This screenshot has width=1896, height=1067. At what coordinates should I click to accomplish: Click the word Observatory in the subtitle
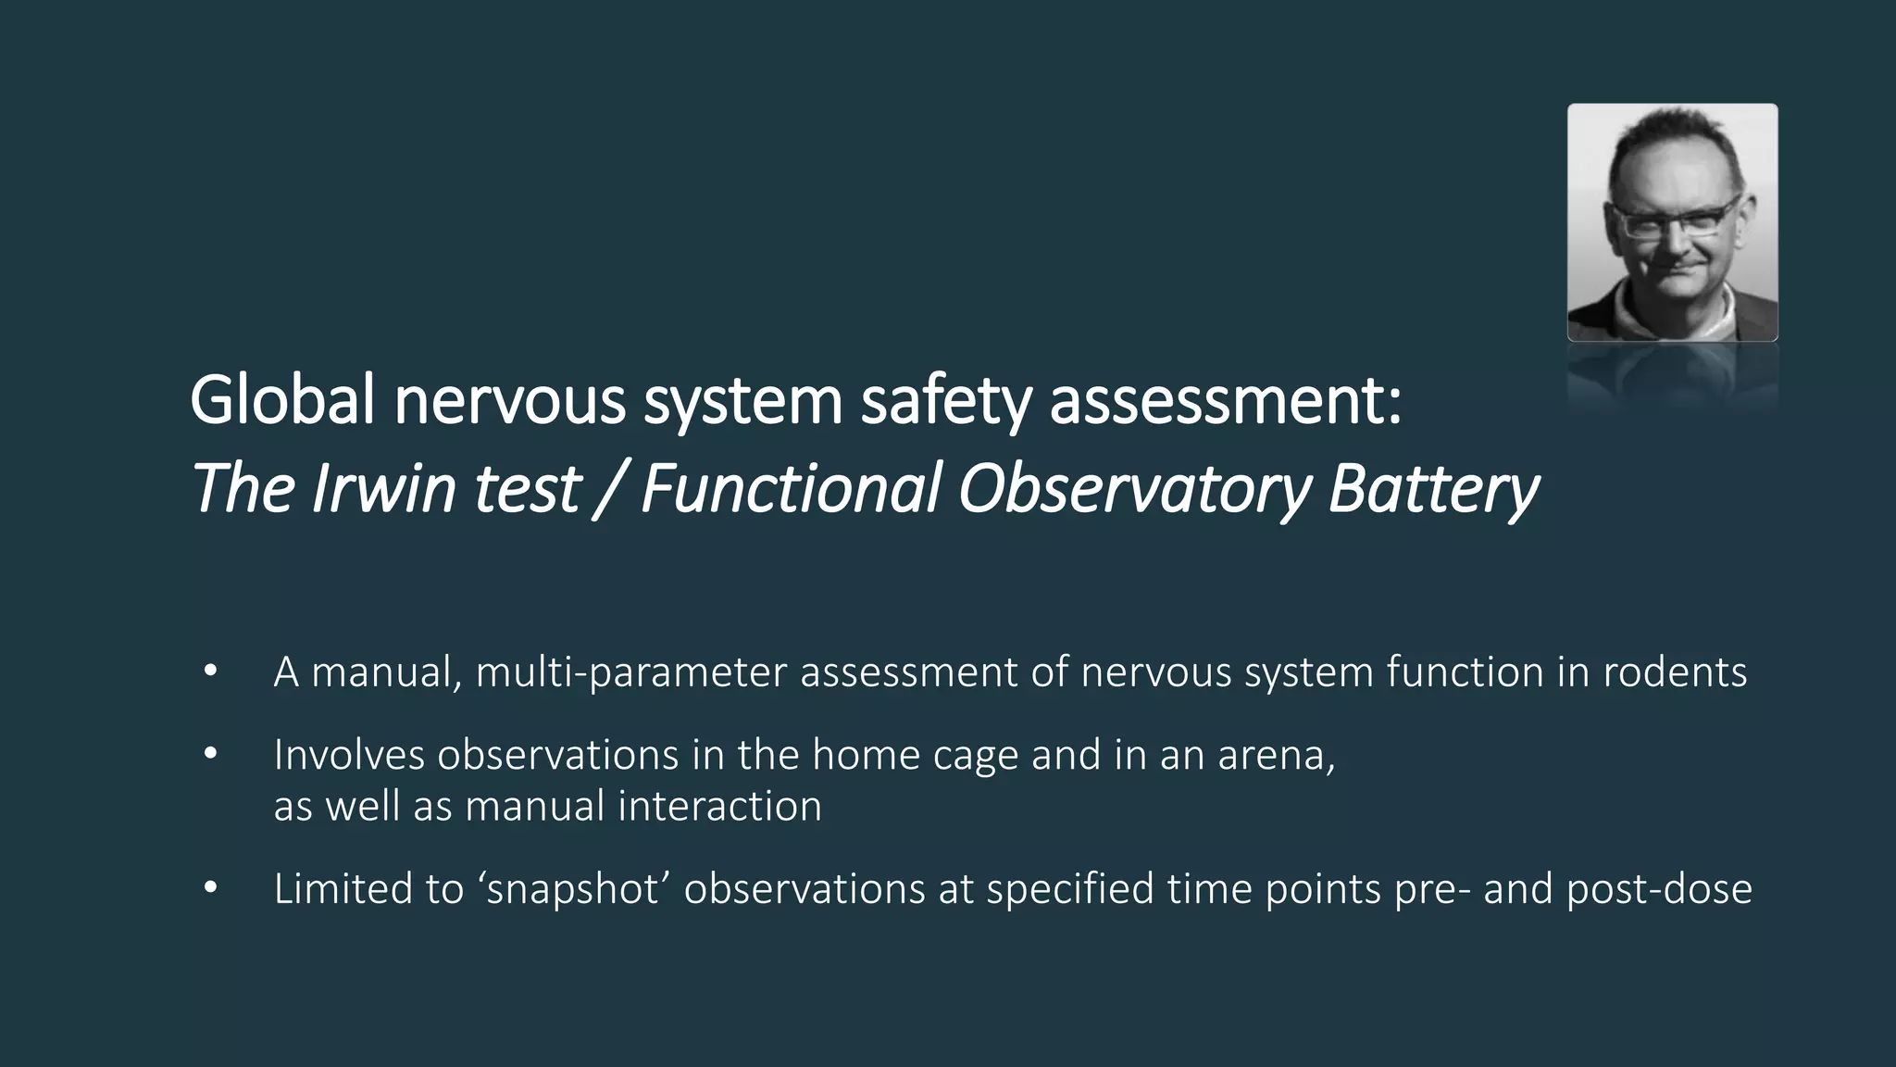point(1134,488)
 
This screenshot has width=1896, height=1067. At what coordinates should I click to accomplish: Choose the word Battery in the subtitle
point(1433,488)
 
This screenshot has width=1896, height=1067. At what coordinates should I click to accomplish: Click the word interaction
point(719,806)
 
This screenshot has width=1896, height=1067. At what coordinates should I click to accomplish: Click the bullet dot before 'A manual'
point(210,672)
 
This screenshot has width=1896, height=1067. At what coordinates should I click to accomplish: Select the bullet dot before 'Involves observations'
point(210,755)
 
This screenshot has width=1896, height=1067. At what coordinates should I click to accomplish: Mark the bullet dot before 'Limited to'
point(210,888)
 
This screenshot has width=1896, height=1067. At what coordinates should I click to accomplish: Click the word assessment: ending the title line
point(1226,401)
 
